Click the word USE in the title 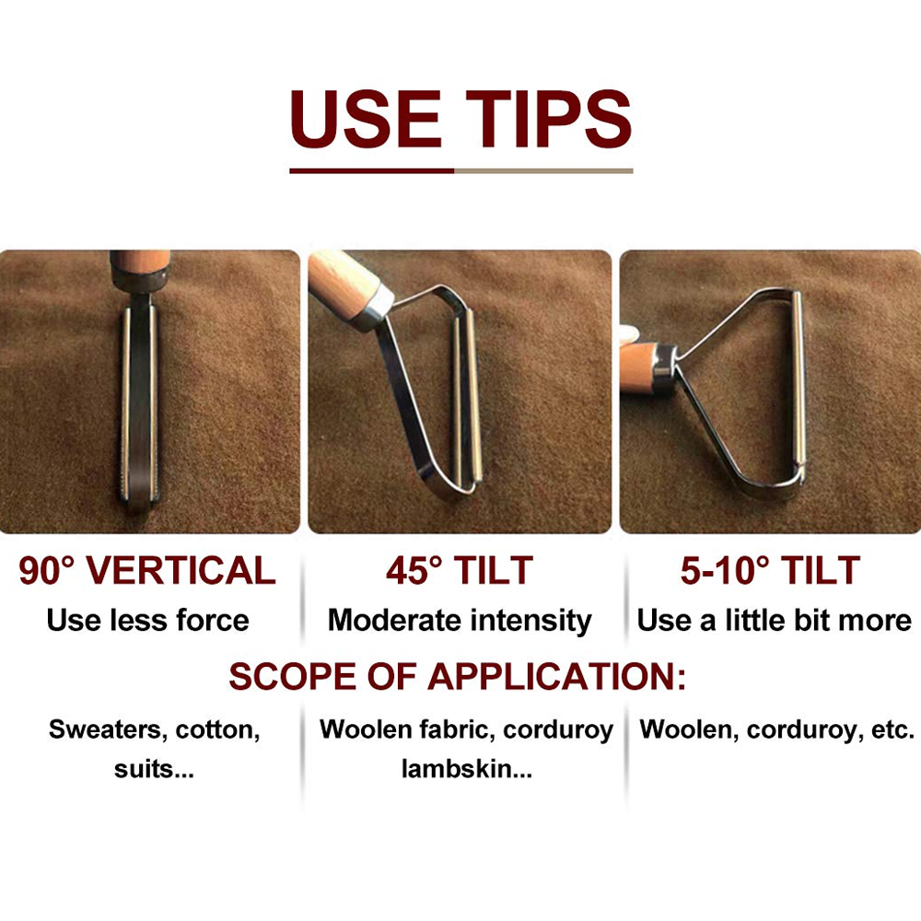366,119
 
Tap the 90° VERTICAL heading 146,570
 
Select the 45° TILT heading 460,570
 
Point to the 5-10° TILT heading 770,570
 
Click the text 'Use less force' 148,620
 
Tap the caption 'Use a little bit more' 775,620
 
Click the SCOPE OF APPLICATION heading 457,676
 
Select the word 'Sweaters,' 110,730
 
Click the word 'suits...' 154,769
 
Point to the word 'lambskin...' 467,769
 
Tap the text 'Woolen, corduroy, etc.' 777,730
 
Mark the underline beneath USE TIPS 461,171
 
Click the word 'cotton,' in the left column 218,730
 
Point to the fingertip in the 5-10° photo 628,335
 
